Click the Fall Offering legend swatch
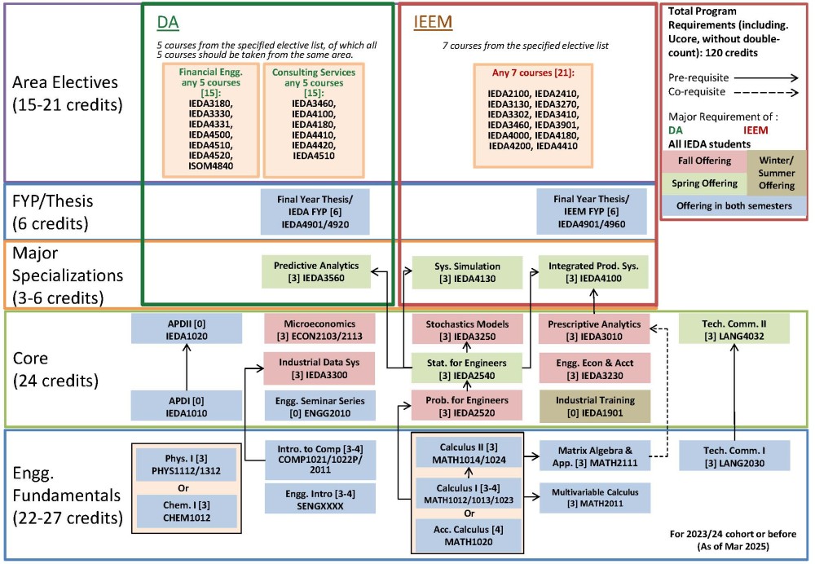[703, 161]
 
